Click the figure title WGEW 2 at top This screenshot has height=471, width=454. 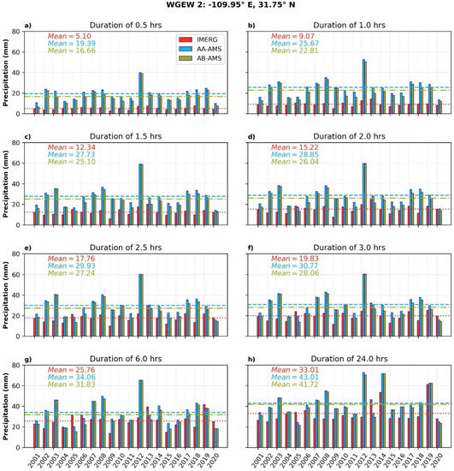coord(227,7)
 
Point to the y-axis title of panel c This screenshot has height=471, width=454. coord(5,182)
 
